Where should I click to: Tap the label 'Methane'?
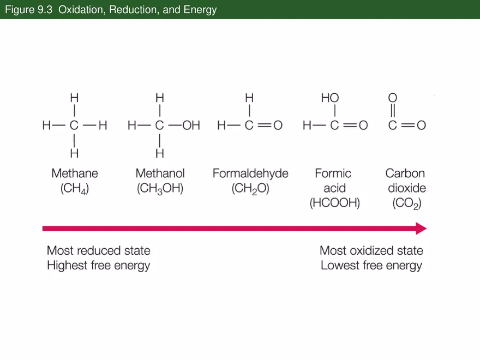(75, 173)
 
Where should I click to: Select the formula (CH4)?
(75, 189)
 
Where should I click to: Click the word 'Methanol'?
(160, 173)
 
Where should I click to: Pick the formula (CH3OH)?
(160, 189)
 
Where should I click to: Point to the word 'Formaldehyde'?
(250, 173)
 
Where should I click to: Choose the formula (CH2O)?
(250, 189)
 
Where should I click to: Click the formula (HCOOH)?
(335, 203)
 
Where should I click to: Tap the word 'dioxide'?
(406, 189)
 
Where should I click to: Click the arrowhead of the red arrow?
(421, 228)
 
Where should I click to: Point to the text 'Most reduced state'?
(99, 250)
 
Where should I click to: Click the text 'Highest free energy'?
(99, 266)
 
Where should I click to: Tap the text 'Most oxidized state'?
(371, 250)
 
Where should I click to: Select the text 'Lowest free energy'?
(371, 266)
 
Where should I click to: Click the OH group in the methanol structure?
(191, 125)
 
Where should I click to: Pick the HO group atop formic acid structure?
(330, 98)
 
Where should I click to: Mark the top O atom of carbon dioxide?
(392, 98)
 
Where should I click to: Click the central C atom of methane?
(74, 125)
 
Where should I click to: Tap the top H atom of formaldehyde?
(249, 98)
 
